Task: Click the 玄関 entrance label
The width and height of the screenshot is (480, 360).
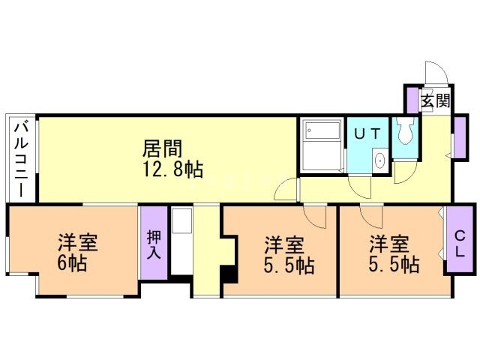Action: click(x=435, y=101)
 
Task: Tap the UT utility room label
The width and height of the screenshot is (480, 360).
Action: click(x=367, y=133)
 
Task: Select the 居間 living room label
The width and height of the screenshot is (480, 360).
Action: click(x=162, y=148)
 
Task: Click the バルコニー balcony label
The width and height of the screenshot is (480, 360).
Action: click(x=22, y=159)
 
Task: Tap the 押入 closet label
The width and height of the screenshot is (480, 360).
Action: click(x=154, y=244)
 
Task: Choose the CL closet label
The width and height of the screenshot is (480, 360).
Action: click(x=460, y=243)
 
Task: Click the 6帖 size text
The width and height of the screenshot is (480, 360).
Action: click(x=72, y=263)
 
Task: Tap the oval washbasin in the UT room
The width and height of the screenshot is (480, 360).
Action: click(x=380, y=160)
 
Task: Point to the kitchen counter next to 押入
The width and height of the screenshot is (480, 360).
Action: click(x=181, y=241)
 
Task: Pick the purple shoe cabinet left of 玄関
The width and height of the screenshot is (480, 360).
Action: click(x=412, y=100)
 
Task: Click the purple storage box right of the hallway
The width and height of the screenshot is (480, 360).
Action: click(x=460, y=137)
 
